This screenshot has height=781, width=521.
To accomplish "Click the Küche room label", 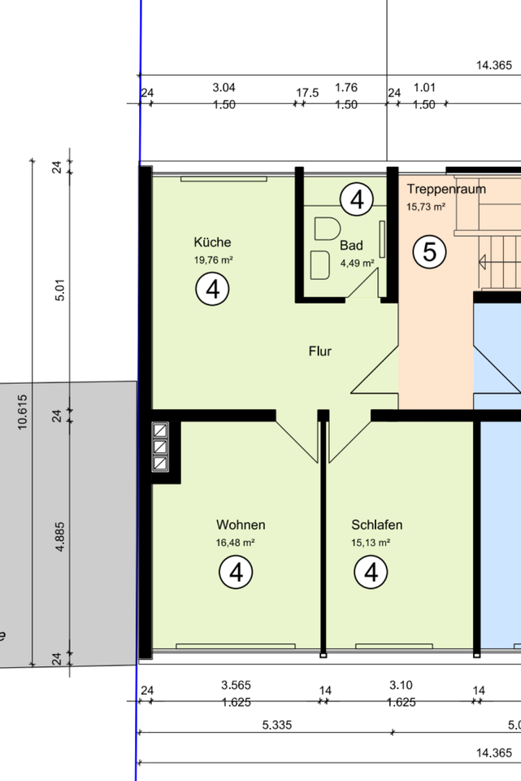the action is (212, 242).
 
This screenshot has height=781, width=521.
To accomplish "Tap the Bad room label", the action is (351, 245).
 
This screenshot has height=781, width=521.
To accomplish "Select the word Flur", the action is (320, 351).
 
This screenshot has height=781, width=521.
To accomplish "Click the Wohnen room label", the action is (241, 525).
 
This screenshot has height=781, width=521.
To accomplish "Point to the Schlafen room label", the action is (376, 525).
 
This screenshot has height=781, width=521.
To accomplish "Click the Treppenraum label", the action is (446, 190).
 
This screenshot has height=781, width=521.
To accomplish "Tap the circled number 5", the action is (429, 251).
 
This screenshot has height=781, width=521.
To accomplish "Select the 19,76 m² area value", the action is (214, 260).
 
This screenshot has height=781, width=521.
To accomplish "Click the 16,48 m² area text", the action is (236, 543).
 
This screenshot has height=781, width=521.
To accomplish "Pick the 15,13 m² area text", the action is (371, 543).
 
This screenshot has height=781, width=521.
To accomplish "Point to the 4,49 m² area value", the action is (358, 263).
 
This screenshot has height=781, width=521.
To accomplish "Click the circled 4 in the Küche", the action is (212, 289).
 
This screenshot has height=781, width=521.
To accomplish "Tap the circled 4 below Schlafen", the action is (371, 572).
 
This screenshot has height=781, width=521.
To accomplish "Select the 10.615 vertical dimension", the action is (23, 412).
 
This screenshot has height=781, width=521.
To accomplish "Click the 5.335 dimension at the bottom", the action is (277, 725).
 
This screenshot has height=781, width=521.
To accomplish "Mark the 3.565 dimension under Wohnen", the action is (236, 685).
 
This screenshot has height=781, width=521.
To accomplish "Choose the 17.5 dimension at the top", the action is (307, 93).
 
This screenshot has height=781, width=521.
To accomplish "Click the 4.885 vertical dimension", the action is (59, 536).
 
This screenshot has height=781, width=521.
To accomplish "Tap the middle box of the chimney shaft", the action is (160, 447).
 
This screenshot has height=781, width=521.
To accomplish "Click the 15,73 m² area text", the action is (426, 207).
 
